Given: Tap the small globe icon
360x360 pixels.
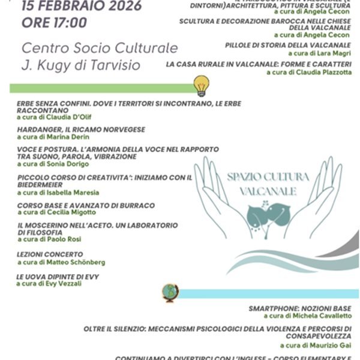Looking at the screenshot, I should [170, 292].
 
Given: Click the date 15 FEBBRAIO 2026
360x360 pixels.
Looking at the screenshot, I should [82, 7].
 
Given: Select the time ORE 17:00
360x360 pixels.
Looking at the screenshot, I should [54, 23].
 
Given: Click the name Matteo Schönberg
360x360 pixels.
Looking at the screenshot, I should [75, 262].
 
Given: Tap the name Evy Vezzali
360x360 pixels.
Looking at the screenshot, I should [61, 284].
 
